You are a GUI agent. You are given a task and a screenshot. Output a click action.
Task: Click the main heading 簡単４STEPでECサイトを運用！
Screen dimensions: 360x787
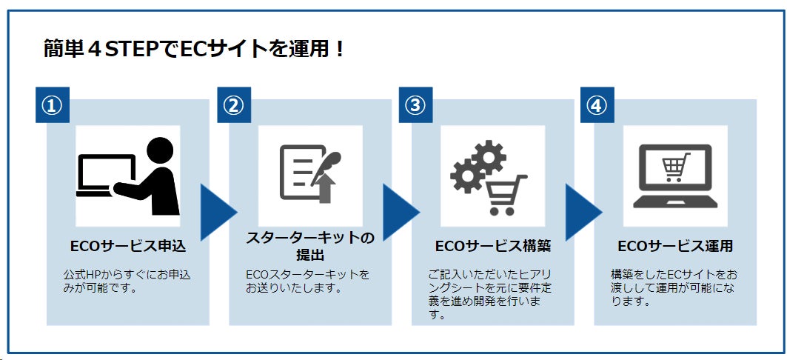[194, 50]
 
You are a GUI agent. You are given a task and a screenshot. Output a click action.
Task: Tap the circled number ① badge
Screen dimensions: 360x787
[52, 105]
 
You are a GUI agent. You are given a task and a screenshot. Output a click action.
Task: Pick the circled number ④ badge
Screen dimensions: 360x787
[597, 105]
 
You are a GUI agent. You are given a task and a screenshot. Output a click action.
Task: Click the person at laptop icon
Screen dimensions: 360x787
[128, 176]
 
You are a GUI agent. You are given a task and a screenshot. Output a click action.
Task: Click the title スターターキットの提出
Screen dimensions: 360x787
[310, 246]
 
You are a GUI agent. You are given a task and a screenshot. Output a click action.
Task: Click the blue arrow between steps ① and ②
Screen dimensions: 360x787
[216, 213]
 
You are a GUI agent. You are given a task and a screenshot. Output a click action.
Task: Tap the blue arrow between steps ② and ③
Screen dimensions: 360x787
[398, 213]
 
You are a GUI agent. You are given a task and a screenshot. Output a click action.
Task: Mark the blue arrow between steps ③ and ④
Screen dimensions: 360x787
[581, 213]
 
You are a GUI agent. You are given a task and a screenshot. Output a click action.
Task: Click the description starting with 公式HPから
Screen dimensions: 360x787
[127, 281]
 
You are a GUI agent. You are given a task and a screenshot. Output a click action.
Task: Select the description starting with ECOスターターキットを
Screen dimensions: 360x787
[308, 281]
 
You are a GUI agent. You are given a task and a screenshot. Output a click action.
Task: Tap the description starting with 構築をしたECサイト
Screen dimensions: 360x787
[673, 287]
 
